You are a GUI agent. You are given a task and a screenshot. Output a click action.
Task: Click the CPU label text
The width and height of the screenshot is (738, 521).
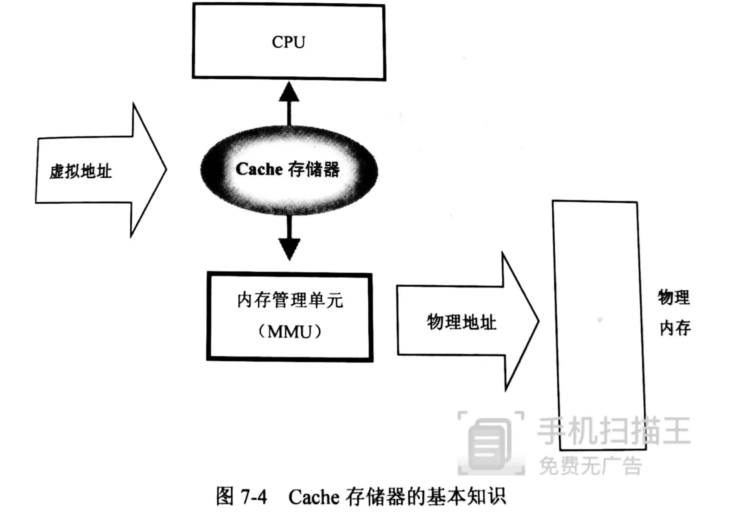click(x=288, y=42)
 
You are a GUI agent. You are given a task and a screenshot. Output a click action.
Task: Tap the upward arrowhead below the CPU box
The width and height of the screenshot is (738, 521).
click(x=289, y=92)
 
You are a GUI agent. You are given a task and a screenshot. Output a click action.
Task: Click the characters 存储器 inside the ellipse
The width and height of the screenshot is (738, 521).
click(x=314, y=169)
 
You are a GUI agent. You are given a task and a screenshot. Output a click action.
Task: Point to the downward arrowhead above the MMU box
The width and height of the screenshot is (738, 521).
click(x=290, y=249)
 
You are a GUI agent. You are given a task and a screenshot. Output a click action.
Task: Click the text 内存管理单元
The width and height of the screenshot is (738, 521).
click(x=290, y=301)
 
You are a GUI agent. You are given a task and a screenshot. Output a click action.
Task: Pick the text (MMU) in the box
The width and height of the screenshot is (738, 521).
click(x=290, y=332)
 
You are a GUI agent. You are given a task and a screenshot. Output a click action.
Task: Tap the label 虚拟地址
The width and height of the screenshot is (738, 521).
click(x=81, y=171)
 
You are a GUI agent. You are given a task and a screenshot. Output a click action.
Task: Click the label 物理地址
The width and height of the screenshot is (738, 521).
click(x=461, y=322)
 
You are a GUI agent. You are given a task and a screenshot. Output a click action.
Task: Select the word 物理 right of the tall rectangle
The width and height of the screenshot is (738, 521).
click(x=674, y=297)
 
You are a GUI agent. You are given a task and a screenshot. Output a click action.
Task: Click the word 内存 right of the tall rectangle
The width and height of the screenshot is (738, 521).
click(x=675, y=328)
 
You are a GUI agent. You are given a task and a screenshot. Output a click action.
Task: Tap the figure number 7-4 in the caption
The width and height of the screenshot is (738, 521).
click(x=254, y=497)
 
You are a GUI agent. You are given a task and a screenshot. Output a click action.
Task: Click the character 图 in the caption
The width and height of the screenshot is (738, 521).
click(x=225, y=496)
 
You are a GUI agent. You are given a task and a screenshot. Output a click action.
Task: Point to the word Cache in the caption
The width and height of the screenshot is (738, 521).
click(x=314, y=497)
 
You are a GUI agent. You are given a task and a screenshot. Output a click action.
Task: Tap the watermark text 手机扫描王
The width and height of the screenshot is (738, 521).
click(x=613, y=431)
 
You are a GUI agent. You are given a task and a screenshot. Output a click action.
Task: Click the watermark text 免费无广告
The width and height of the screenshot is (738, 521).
click(x=591, y=466)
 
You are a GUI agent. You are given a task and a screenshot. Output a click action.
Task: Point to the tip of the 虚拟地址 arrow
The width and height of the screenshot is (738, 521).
click(x=165, y=169)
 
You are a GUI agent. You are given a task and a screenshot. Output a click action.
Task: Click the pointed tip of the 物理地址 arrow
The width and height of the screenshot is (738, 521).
click(x=538, y=320)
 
